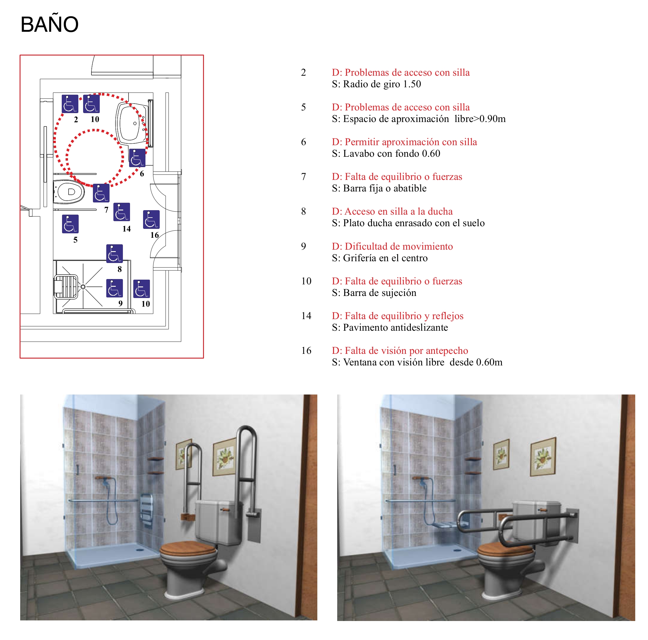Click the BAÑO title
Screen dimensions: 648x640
tap(49, 24)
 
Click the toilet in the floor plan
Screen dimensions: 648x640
tap(69, 192)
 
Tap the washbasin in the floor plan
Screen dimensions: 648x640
tap(132, 123)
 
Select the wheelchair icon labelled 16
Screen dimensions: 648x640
tap(151, 219)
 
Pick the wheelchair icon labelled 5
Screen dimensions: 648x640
tap(70, 224)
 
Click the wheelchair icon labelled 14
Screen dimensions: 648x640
tap(122, 212)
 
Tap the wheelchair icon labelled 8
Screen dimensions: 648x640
tap(114, 254)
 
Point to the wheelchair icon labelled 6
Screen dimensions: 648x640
tap(137, 158)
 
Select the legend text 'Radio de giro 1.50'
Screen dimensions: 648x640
tap(382, 84)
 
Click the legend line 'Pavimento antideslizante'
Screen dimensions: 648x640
tap(395, 327)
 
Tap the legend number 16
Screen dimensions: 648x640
tap(306, 351)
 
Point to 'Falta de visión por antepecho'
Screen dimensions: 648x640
tap(406, 351)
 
